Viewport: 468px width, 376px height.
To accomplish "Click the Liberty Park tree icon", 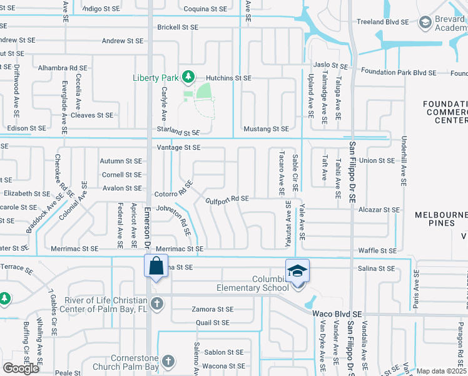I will pyautogui.click(x=187, y=78).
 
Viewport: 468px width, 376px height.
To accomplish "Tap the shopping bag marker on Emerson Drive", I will pyautogui.click(x=156, y=266).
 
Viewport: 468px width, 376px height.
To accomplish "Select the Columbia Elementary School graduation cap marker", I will pyautogui.click(x=297, y=271).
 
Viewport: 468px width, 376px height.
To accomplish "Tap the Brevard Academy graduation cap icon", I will pyautogui.click(x=425, y=23).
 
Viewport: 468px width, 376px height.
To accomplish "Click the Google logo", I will pyautogui.click(x=21, y=368).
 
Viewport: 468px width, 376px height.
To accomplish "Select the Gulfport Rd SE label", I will pyautogui.click(x=227, y=199).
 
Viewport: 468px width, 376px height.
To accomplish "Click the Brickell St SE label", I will pyautogui.click(x=178, y=28).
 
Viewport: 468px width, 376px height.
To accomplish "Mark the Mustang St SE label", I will pyautogui.click(x=266, y=128).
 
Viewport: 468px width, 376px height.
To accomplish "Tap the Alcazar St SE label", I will pyautogui.click(x=378, y=211).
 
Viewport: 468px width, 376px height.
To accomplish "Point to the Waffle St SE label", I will pyautogui.click(x=377, y=251).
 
